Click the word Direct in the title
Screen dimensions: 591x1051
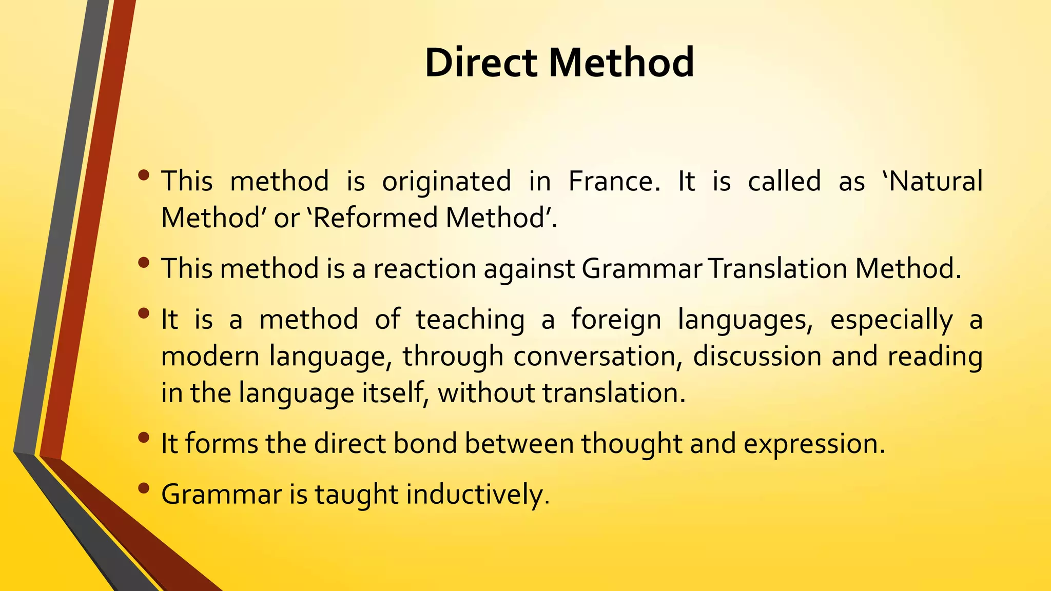tap(480, 62)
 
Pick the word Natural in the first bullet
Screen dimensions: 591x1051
tap(935, 181)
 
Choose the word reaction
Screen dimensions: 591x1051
tap(424, 269)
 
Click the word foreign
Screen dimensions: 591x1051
tap(616, 320)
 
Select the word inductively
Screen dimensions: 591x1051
tap(477, 495)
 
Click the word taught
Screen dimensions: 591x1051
tap(356, 495)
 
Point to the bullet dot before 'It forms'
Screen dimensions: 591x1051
tap(144, 437)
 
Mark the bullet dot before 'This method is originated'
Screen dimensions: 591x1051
tap(144, 175)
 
